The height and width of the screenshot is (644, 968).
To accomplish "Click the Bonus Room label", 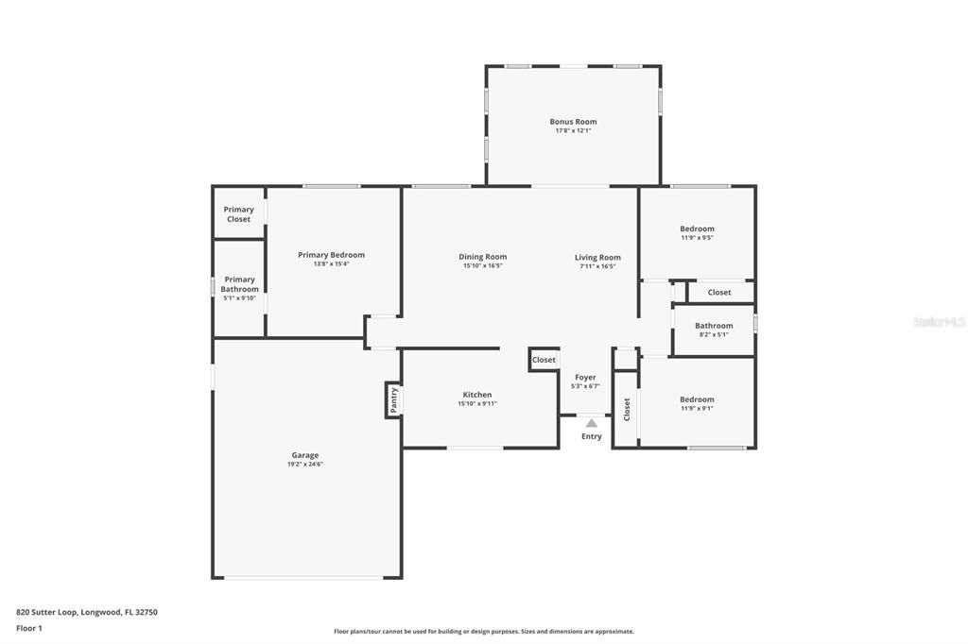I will point(573,121).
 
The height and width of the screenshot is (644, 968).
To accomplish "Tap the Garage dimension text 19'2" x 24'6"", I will point(305,465).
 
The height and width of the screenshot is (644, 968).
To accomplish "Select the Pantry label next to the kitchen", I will point(394,399).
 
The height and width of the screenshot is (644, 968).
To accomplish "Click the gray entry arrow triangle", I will point(592,423).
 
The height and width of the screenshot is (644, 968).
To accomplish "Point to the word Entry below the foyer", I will point(592,436).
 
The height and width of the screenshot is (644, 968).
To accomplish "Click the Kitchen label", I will point(476,395).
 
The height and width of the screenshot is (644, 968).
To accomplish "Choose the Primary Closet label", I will point(238,214).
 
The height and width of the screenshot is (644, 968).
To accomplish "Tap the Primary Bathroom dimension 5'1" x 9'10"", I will point(239,298).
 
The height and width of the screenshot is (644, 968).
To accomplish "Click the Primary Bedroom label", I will point(331,255).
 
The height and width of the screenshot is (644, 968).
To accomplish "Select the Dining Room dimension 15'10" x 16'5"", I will point(482,266).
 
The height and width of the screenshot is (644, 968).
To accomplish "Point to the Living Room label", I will point(597,257).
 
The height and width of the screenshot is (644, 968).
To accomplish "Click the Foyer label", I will point(585,377).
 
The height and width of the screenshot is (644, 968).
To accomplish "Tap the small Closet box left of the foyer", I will point(544,360).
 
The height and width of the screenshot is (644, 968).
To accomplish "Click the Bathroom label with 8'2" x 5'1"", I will point(714,326).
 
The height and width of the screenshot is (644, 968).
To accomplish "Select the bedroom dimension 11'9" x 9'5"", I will point(697,238).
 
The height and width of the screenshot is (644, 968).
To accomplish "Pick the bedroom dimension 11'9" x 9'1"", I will point(697,409).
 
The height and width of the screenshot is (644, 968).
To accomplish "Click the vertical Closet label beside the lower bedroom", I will point(627,408).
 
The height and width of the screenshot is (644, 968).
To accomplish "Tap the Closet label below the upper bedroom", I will point(719,292).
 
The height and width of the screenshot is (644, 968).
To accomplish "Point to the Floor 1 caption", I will point(30,628).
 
